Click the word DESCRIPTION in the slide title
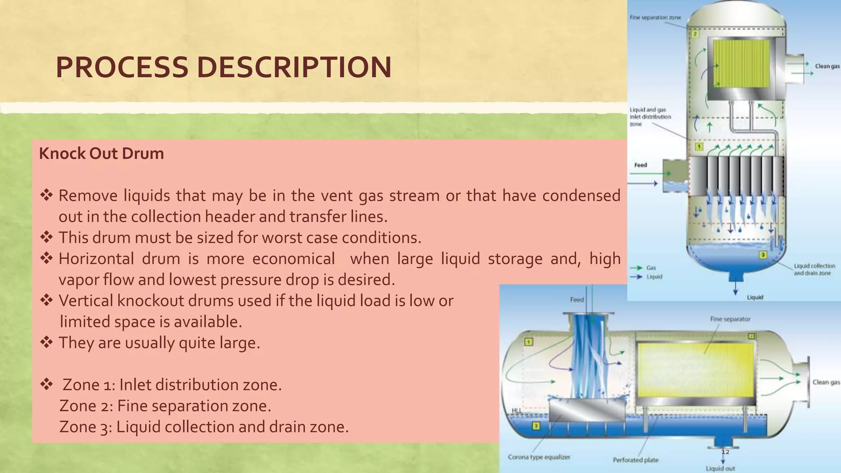tap(294, 67)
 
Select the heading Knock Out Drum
tap(101, 154)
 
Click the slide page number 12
tap(725, 452)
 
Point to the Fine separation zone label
tap(655, 18)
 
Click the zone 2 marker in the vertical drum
tap(695, 34)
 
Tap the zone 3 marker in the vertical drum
tap(763, 255)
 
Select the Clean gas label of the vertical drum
tap(827, 66)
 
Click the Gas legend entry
tap(651, 268)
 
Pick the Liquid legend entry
tap(654, 277)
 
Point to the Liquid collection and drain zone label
tap(814, 269)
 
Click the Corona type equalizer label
tap(539, 457)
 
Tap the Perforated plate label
tap(635, 460)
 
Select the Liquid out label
tap(720, 468)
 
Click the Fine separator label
tap(730, 319)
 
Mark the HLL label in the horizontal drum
tap(517, 411)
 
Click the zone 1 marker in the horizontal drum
tap(529, 342)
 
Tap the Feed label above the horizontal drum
tap(577, 300)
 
